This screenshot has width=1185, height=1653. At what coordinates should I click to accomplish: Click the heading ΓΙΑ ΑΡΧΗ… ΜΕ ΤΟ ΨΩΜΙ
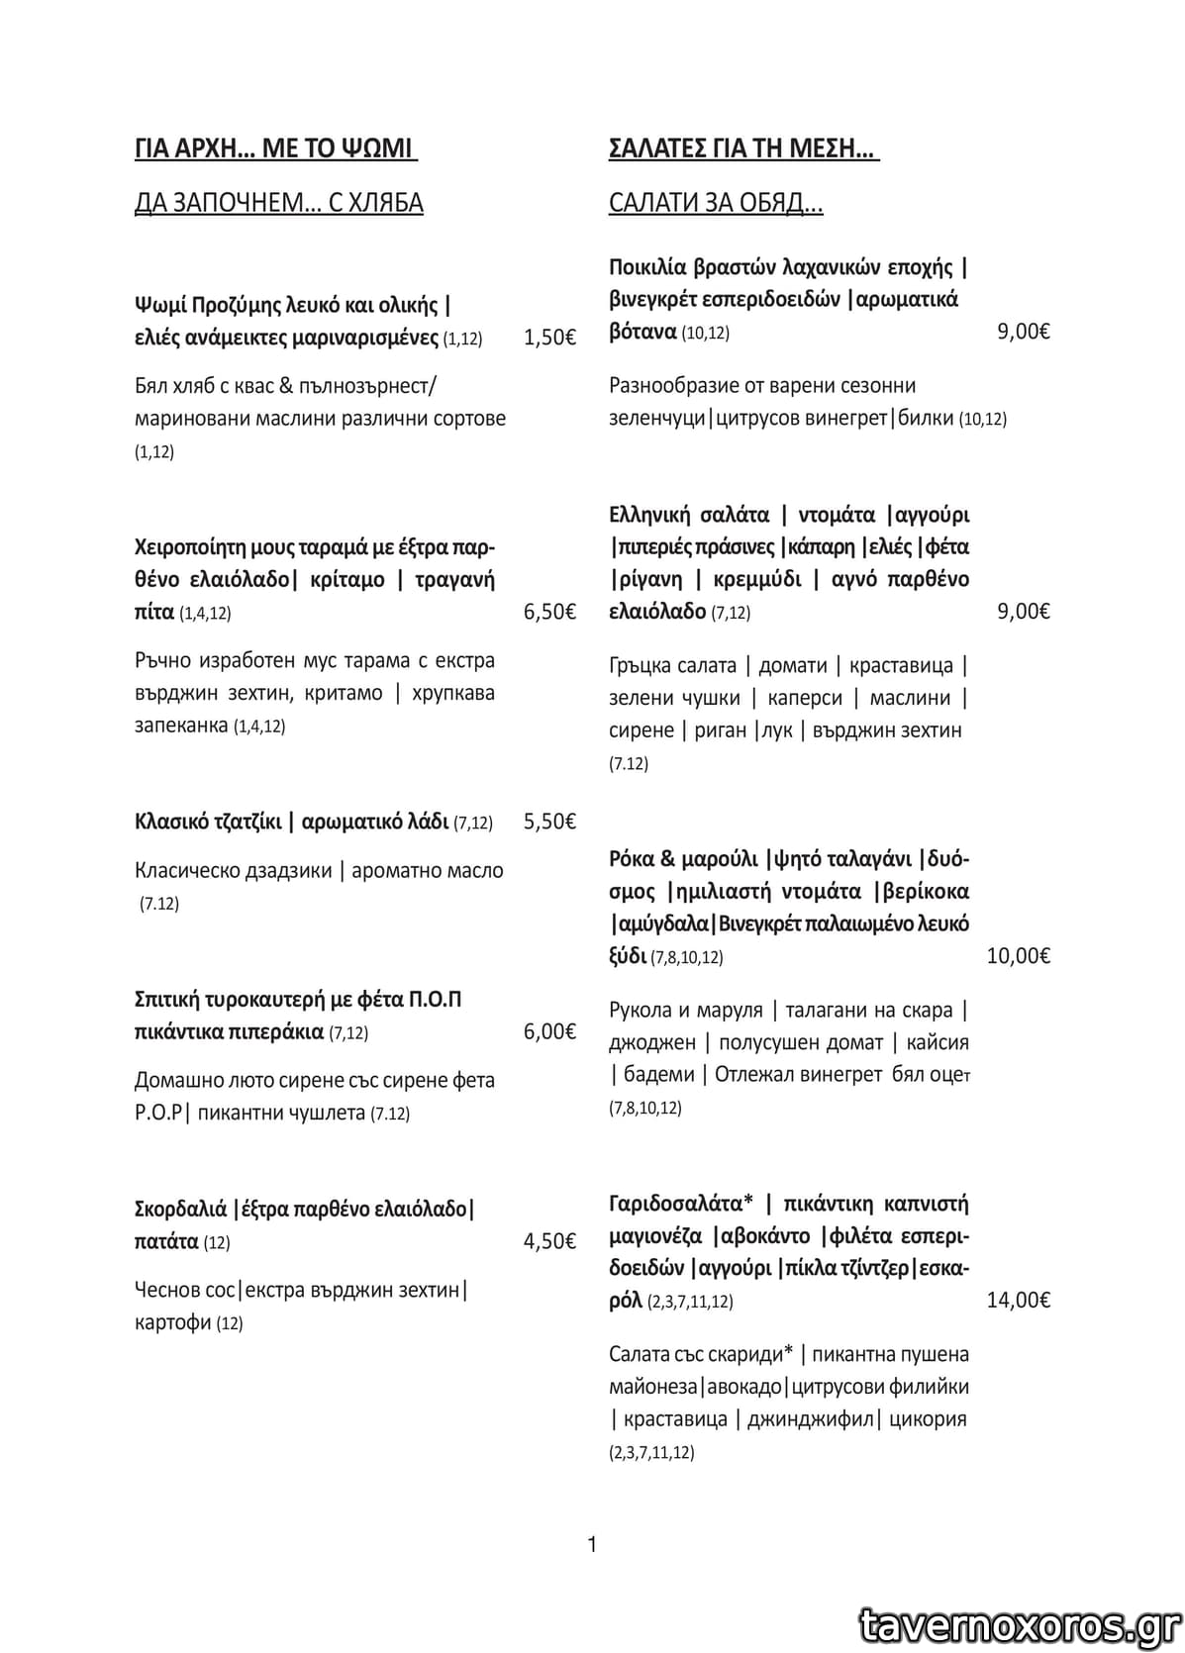point(275,148)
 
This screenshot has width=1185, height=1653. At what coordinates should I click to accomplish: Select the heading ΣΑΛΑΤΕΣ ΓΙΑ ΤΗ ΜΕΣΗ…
point(743,148)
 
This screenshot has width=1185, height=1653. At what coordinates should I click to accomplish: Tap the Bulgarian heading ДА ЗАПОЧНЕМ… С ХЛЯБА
point(278,203)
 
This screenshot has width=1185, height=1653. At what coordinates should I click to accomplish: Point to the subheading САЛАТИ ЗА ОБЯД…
point(716,203)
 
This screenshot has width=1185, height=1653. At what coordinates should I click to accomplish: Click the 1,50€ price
point(549,338)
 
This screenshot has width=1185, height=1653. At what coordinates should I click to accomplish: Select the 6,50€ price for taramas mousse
point(549,612)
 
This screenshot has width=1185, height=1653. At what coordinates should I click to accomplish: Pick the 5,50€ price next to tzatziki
point(549,822)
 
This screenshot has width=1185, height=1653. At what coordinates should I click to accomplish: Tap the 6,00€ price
point(549,1031)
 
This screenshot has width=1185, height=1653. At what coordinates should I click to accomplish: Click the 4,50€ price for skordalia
point(549,1241)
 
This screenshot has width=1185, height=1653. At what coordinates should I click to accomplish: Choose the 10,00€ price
point(1018,955)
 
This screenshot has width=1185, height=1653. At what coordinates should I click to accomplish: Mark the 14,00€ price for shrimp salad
point(1018,1300)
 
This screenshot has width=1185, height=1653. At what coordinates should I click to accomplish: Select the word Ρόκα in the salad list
point(629,858)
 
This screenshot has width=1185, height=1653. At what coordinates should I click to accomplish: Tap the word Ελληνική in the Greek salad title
point(647,515)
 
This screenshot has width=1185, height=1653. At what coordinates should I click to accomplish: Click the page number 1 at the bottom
point(592,1544)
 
